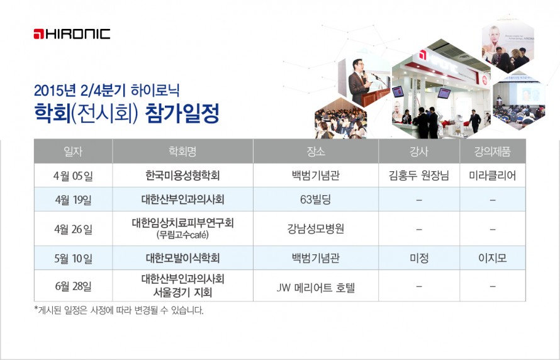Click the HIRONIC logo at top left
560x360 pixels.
click(72, 34)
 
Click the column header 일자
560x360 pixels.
click(73, 152)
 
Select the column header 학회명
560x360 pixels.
click(182, 152)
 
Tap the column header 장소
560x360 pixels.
click(316, 152)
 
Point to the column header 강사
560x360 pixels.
click(419, 152)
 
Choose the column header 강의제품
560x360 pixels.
click(493, 152)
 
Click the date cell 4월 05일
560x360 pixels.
click(73, 176)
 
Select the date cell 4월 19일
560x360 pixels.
click(73, 200)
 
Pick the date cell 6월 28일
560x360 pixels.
click(73, 286)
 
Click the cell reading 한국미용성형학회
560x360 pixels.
click(182, 176)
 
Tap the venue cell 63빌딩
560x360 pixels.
click(316, 200)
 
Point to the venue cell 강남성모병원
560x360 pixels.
click(316, 228)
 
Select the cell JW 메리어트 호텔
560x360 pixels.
click(316, 288)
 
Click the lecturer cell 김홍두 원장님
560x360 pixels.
click(419, 176)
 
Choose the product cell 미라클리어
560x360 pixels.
click(493, 176)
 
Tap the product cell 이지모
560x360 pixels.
click(493, 258)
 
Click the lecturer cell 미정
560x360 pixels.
click(419, 258)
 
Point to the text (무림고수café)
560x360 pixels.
click(182, 235)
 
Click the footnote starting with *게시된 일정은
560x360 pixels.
click(119, 310)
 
